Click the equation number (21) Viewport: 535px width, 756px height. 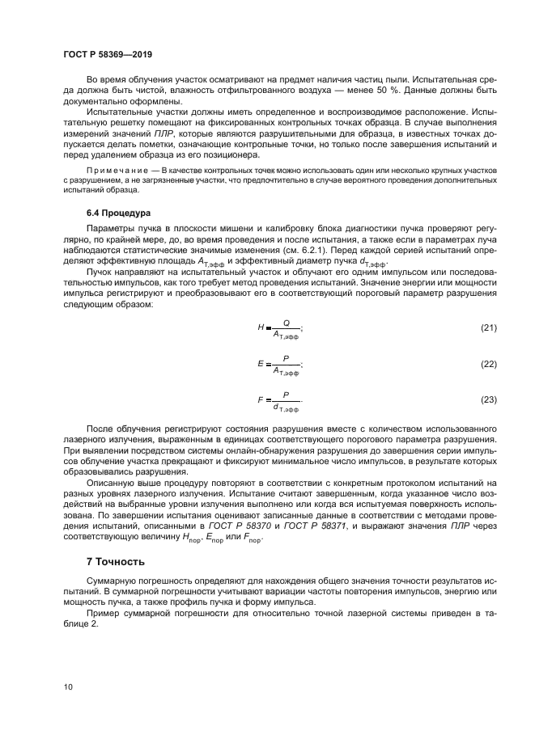coord(489,327)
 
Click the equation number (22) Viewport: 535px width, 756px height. coord(489,364)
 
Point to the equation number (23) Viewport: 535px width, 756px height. coord(489,399)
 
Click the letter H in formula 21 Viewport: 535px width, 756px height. coord(261,327)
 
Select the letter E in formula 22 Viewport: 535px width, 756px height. coord(261,364)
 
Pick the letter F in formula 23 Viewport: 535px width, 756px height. coord(261,399)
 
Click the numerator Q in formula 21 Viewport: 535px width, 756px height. coord(286,321)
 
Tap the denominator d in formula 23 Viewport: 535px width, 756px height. coord(276,408)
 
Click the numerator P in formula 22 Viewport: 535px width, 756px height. coord(286,357)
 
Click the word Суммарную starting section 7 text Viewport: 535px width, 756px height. coord(115,581)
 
